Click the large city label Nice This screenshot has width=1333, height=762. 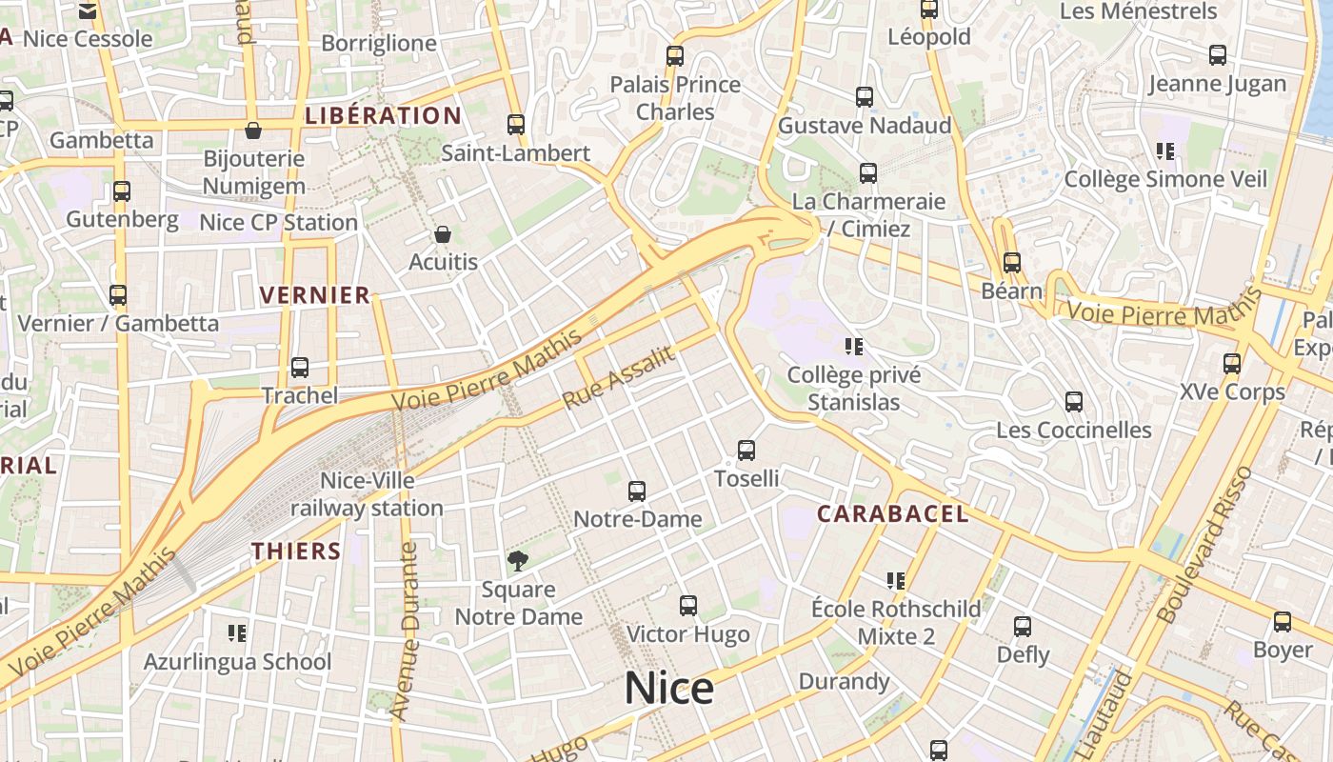668,688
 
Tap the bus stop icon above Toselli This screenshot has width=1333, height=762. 746,450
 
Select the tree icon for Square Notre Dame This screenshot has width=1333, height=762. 517,561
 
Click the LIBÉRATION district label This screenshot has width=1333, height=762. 383,116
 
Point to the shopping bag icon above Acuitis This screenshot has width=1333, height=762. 442,233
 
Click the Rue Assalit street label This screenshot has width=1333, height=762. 619,378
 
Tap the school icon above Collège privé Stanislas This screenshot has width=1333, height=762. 853,346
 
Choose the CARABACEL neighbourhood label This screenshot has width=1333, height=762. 892,514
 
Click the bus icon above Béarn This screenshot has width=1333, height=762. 1011,262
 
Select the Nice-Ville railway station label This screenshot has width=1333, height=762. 367,494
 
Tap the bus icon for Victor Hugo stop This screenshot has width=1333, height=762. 687,605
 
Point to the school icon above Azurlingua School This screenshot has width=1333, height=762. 237,632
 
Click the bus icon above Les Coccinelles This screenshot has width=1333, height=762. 1073,401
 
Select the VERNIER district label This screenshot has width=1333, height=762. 315,295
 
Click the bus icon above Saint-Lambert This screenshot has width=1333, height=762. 515,124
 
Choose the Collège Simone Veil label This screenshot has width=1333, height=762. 1164,179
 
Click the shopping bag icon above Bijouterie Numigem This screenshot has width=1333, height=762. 253,130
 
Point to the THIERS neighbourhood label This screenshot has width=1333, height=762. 296,551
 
